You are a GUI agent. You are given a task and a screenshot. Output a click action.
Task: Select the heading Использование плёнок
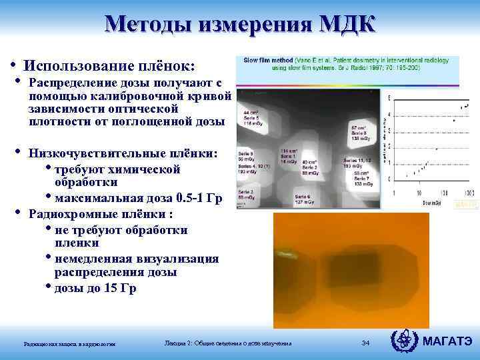[109, 66]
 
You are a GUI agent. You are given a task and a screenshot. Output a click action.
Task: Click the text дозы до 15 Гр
[96, 289]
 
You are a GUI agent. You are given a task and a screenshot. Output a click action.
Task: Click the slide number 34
[365, 343]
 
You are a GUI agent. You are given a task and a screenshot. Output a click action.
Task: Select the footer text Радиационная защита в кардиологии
[69, 344]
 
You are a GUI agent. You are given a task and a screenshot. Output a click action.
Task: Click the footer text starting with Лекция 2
[228, 343]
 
